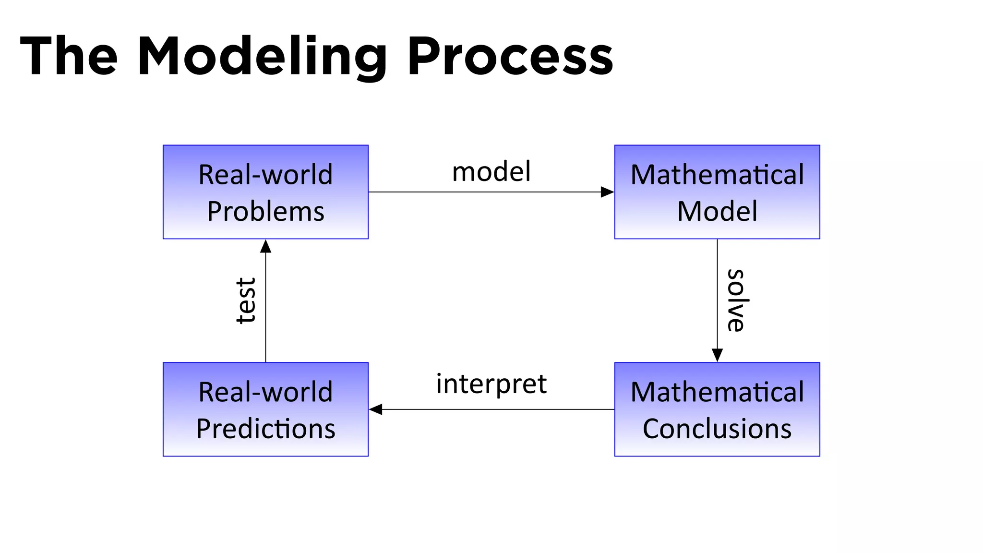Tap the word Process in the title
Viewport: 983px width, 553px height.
pyautogui.click(x=510, y=57)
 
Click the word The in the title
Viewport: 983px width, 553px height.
pyautogui.click(x=69, y=57)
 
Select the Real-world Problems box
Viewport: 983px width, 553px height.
pyautogui.click(x=265, y=192)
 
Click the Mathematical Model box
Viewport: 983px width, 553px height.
pyautogui.click(x=717, y=192)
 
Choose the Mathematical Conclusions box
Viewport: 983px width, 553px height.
pyautogui.click(x=717, y=409)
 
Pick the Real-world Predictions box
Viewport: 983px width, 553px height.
pyautogui.click(x=265, y=409)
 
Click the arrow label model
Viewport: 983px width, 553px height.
pyautogui.click(x=491, y=171)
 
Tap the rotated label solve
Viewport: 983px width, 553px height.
pyautogui.click(x=735, y=301)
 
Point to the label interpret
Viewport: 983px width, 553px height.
pyautogui.click(x=491, y=384)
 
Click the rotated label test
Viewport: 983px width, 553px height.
pyautogui.click(x=246, y=301)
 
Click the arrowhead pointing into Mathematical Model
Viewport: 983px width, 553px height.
pyautogui.click(x=608, y=192)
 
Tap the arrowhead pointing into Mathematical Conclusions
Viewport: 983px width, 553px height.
pyautogui.click(x=717, y=355)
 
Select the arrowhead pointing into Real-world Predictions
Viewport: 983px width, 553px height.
pyautogui.click(x=376, y=409)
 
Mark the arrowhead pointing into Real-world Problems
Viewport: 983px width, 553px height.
pyautogui.click(x=265, y=246)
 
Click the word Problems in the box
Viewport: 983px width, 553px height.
pyautogui.click(x=265, y=211)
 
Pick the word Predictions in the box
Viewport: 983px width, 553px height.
pyautogui.click(x=265, y=429)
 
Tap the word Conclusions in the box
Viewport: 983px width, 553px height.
pyautogui.click(x=717, y=429)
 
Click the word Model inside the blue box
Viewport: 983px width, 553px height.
pyautogui.click(x=717, y=211)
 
